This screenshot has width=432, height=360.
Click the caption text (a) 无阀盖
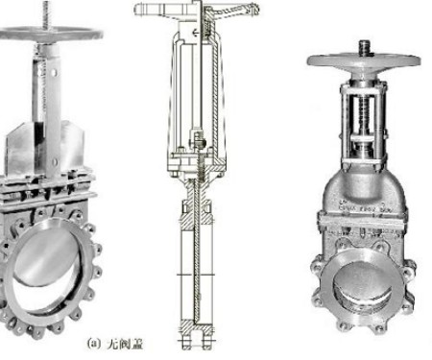click(115, 344)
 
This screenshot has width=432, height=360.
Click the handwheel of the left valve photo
click(51, 34)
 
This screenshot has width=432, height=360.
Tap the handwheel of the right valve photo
click(364, 60)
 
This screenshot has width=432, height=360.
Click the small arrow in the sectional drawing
click(195, 33)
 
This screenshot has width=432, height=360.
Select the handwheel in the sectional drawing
click(196, 11)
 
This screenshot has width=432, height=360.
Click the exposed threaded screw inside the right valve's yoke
click(365, 115)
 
